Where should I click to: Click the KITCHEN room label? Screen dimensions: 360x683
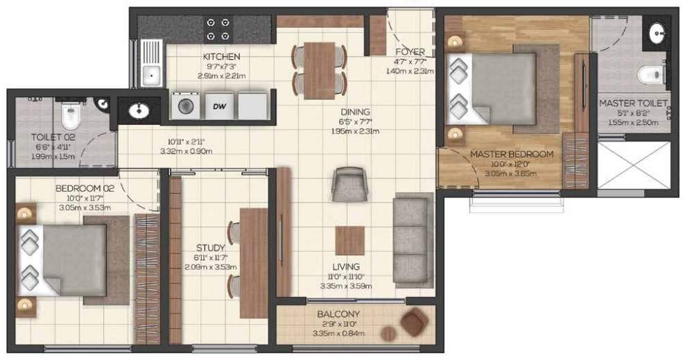pos(221,56)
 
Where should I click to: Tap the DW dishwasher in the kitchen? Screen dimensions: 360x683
pos(219,106)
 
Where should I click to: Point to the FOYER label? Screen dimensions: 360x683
pos(409,51)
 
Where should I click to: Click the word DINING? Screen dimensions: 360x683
pos(354,112)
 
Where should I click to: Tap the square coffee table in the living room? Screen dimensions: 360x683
pos(349,241)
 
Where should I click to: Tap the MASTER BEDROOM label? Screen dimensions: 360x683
pos(512,154)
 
